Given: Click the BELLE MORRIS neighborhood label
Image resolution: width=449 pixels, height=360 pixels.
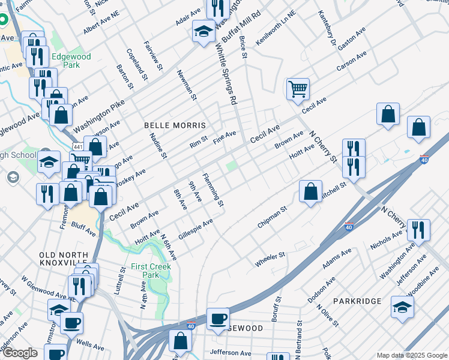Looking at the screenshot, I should pos(175,125).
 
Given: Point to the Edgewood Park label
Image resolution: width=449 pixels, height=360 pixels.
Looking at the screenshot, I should pos(71,61).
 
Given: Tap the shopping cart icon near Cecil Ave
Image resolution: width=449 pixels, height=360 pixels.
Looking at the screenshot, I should pos(298,89).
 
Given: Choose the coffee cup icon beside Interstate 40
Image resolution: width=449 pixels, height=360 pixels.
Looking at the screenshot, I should pos(218,318).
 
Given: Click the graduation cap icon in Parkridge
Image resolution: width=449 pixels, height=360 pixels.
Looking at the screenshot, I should pos(402,307).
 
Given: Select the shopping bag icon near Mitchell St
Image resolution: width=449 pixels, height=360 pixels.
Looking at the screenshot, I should pos(310,192).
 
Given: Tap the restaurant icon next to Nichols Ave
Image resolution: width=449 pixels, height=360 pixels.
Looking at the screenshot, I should pos(418,229).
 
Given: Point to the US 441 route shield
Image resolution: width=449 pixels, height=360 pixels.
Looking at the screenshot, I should pos(78,147).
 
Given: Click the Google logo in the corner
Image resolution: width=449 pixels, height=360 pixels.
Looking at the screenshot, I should pos(20,353).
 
